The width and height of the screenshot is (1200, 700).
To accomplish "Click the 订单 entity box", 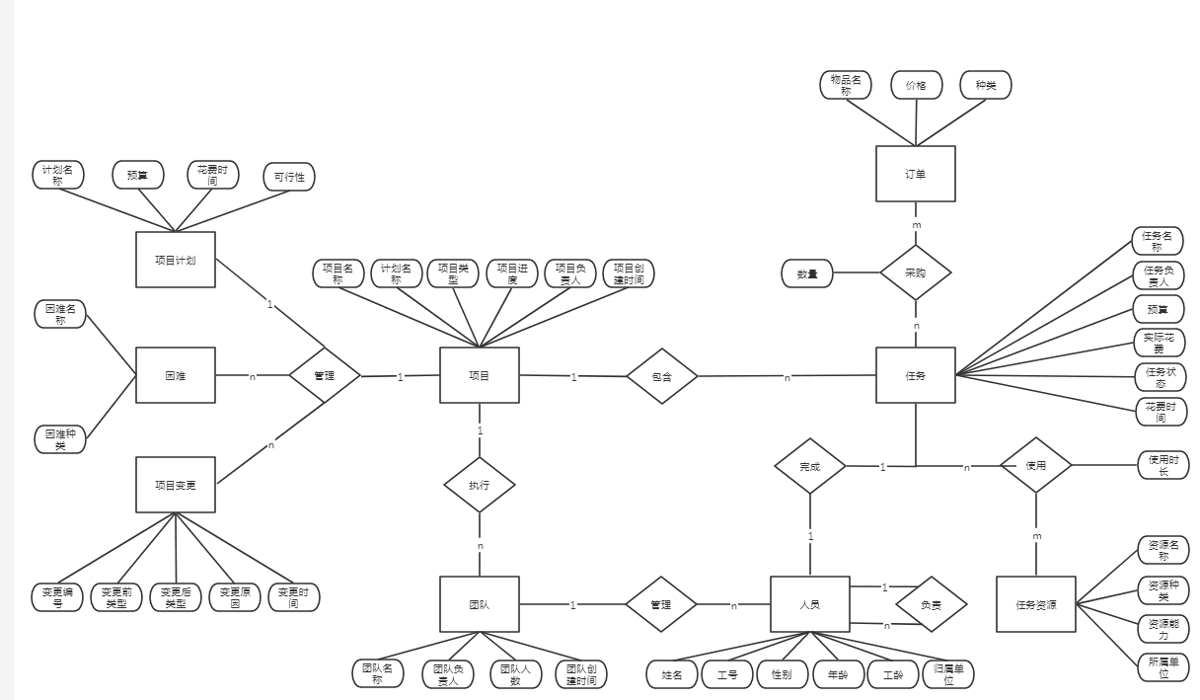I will [x=915, y=174].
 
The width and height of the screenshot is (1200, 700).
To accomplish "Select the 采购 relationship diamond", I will [x=915, y=272].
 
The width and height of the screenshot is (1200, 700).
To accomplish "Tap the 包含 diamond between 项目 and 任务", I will [x=662, y=376].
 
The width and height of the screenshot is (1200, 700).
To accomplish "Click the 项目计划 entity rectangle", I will [x=175, y=260].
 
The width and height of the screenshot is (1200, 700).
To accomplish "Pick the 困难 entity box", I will [x=175, y=375].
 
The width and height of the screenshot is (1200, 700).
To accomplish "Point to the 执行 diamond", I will [x=479, y=485].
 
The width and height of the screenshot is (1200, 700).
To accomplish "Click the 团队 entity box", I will [x=479, y=604].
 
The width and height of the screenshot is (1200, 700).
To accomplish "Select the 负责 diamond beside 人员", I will [x=931, y=604].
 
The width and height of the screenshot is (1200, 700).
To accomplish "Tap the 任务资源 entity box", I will [x=1035, y=604].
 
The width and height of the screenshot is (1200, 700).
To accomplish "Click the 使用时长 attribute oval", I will [x=1162, y=465].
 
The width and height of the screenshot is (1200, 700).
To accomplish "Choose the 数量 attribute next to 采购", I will [x=807, y=273].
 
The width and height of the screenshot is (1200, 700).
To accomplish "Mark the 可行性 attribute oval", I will [x=289, y=178].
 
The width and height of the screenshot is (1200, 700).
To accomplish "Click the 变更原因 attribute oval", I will [x=235, y=597].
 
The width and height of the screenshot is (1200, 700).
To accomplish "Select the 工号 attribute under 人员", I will [x=727, y=674].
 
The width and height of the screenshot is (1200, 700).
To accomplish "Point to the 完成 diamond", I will [x=809, y=466].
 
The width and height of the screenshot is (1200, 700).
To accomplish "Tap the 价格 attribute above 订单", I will [x=916, y=85].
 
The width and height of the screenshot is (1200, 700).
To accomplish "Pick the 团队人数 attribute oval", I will [x=516, y=674].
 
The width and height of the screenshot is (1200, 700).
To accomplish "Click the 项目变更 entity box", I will [x=175, y=485].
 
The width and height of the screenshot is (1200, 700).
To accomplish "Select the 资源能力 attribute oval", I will [x=1162, y=629].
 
